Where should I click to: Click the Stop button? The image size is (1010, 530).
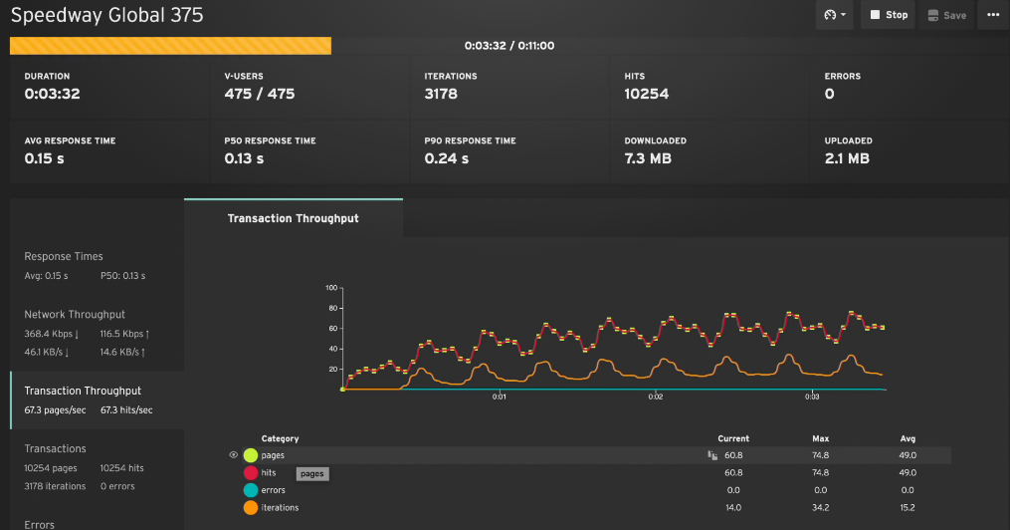click(888, 15)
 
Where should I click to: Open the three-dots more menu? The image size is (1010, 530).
click(992, 15)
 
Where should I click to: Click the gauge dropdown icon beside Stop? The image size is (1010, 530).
click(834, 15)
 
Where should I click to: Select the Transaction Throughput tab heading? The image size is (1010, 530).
click(293, 218)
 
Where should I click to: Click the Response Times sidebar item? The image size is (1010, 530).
click(64, 256)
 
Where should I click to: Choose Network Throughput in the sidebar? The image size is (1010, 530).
click(76, 314)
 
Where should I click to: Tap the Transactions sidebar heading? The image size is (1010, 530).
click(55, 448)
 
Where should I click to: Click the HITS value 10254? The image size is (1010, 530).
click(646, 95)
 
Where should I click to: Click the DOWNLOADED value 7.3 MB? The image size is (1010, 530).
click(651, 158)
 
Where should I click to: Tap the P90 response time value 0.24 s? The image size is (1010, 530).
click(447, 158)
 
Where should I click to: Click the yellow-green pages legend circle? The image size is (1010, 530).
click(251, 455)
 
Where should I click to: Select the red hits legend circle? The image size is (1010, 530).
click(251, 473)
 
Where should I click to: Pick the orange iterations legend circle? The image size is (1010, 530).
click(251, 508)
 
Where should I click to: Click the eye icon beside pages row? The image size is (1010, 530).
click(233, 455)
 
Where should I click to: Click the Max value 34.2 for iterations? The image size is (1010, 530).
click(820, 508)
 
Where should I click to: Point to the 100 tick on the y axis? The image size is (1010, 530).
click(332, 288)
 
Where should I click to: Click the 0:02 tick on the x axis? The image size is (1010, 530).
click(655, 397)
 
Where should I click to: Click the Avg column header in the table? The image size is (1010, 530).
click(908, 438)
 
